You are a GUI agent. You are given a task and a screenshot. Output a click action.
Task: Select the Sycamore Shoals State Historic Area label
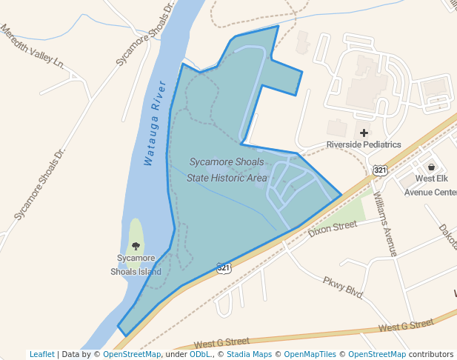tap(227, 170)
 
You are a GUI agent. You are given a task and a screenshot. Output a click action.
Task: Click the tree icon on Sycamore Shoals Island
tap(136, 245)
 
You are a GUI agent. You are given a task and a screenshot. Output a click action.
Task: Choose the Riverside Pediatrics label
tap(364, 145)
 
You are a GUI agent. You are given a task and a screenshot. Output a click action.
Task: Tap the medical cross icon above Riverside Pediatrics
tap(364, 133)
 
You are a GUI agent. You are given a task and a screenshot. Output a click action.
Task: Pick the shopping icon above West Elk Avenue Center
tap(431, 167)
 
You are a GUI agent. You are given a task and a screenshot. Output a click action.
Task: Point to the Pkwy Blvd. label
tap(342, 287)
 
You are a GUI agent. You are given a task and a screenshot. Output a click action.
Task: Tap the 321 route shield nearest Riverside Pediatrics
tap(380, 170)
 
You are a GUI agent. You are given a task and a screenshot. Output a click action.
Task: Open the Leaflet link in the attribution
tap(42, 354)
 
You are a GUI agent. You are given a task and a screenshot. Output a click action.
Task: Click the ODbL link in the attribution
tap(199, 354)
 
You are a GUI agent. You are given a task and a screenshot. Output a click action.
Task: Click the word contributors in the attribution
tap(431, 354)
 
